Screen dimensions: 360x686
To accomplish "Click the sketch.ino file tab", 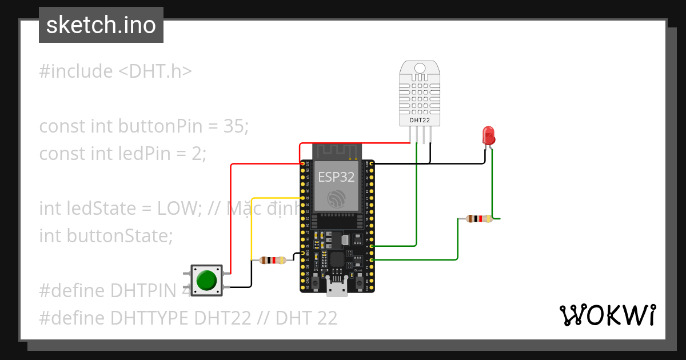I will coord(101,25).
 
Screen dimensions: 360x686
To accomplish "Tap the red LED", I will coord(489,135).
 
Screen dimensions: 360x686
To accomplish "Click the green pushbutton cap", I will coord(206,281).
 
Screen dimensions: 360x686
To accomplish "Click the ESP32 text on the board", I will coord(337,177).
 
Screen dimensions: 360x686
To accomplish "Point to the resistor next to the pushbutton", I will coord(273,261).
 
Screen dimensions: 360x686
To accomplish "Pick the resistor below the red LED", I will coord(478,218).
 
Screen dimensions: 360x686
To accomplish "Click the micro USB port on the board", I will coord(337,289).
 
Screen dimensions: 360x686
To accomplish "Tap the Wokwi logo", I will coord(607,315).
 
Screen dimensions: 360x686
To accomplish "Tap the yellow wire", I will coord(252,229).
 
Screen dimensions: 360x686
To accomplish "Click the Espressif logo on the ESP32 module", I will coord(337,199).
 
